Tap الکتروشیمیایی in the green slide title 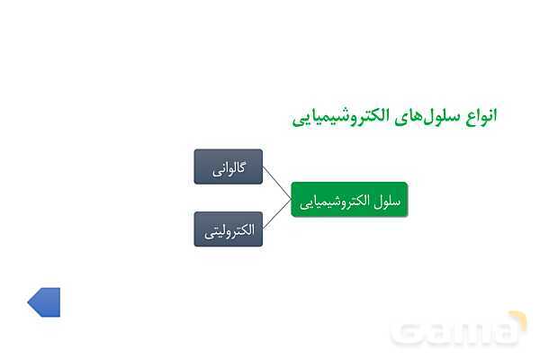click(x=337, y=116)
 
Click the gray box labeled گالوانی click(x=229, y=166)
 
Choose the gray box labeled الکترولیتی click(x=229, y=229)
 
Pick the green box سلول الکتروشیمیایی click(x=348, y=200)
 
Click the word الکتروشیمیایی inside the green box click(x=337, y=200)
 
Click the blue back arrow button click(x=44, y=302)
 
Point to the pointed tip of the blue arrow click(x=30, y=302)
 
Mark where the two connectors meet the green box click(x=292, y=199)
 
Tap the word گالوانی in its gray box click(x=229, y=167)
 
